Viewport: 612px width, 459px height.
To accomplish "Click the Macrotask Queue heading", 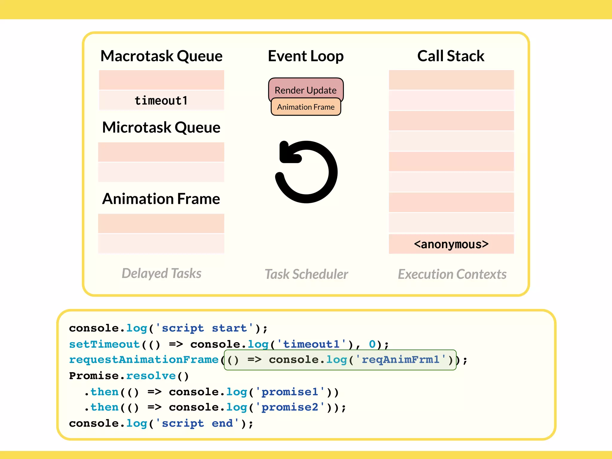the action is (161, 56).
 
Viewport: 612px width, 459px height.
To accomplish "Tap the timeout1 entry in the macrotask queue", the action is (161, 100).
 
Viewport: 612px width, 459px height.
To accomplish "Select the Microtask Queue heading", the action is (161, 127).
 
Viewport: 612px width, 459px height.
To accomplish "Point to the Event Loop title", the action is (306, 56).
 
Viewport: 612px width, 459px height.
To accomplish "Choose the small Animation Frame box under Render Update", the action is (306, 107).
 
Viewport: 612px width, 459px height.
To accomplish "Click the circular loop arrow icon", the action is (306, 172).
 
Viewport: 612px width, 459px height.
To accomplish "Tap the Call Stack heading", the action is (451, 56).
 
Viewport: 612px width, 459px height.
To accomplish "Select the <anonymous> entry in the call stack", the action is (451, 244).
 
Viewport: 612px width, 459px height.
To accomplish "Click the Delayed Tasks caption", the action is (161, 273).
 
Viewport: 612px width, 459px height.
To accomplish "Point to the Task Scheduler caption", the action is (306, 274).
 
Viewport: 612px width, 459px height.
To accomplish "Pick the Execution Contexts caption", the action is (452, 274).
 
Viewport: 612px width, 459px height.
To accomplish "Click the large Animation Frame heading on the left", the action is (161, 199).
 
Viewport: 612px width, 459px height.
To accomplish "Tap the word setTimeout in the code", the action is (105, 344).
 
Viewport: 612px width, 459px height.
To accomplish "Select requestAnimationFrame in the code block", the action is (144, 360).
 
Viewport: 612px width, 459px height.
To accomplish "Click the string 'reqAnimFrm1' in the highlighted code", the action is (400, 359).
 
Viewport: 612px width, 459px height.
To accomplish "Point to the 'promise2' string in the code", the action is (290, 407).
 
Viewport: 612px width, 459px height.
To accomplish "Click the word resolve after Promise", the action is (151, 376).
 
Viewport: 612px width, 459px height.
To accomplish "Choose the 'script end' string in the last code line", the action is (197, 423).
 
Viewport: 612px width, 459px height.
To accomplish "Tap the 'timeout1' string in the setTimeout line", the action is (311, 344).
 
